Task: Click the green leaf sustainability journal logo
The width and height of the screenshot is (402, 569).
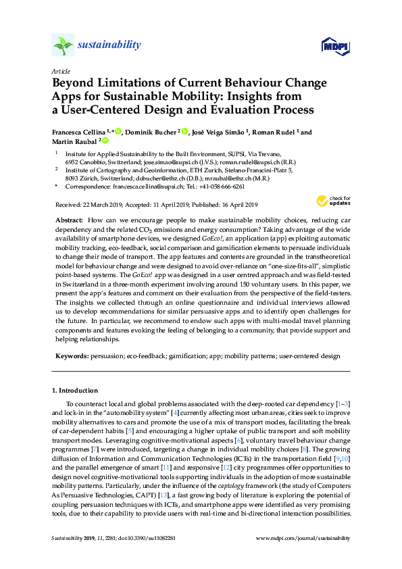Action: point(62,45)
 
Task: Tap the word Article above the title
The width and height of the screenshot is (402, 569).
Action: point(60,71)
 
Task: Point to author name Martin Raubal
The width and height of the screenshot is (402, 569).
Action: point(74,141)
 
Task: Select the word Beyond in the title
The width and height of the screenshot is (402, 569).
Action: point(74,84)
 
